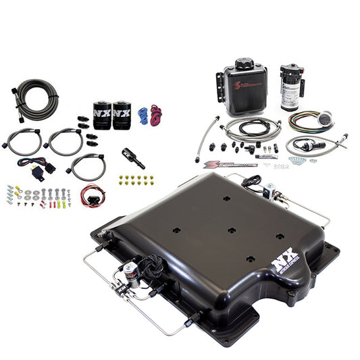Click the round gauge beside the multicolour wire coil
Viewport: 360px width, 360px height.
click(326, 117)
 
